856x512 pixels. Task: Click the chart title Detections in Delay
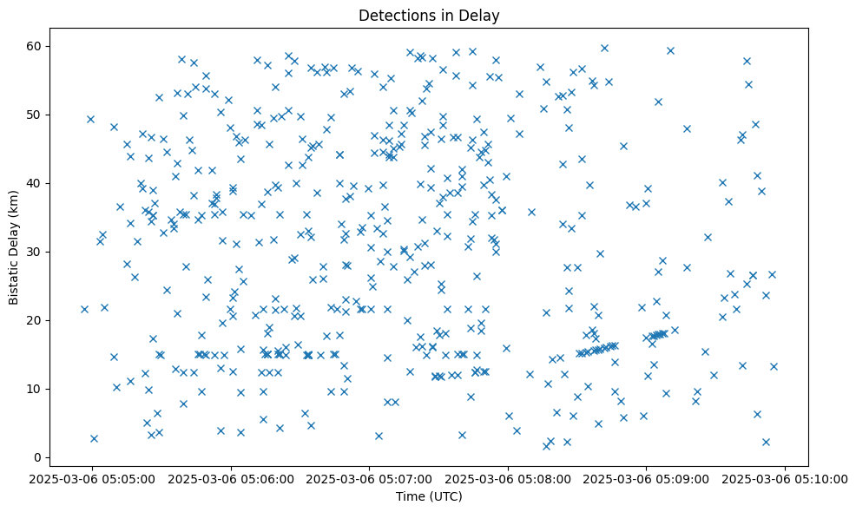tap(429, 16)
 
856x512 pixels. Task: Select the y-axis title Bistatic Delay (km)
tap(14, 247)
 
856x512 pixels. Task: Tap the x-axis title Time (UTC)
tap(429, 497)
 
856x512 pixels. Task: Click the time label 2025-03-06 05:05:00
tap(93, 478)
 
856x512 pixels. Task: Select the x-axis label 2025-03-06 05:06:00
tap(232, 478)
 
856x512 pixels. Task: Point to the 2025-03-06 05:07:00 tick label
tap(370, 478)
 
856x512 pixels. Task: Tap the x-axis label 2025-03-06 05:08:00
tap(508, 478)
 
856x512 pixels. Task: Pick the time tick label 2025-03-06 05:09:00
tap(646, 478)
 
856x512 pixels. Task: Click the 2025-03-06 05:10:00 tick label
tap(785, 478)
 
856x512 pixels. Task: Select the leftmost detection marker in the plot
tap(84, 309)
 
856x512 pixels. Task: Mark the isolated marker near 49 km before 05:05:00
tap(90, 119)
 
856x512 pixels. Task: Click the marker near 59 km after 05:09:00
tap(670, 50)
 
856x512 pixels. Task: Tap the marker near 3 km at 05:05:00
tap(94, 438)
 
